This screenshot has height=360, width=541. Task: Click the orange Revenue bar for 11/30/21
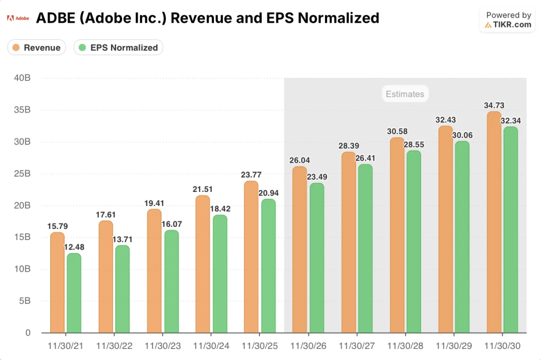pos(57,283)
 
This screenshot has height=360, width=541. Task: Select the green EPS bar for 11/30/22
pos(123,289)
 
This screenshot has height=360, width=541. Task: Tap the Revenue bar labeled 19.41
pos(154,271)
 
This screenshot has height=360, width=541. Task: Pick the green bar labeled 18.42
pos(220,274)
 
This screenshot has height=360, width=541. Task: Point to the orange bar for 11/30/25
pos(251,257)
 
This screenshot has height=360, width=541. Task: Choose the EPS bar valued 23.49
pos(316,258)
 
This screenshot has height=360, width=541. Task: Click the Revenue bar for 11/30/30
pos(493,222)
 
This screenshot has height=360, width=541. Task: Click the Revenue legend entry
pos(36,48)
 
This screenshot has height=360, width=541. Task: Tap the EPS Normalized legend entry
pos(118,48)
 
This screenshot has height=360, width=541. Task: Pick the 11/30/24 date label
pos(211,346)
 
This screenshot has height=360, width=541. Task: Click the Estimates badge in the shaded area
pos(405,94)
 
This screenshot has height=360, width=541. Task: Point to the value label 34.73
pos(493,106)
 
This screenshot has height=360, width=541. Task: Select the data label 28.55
pos(414,144)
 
